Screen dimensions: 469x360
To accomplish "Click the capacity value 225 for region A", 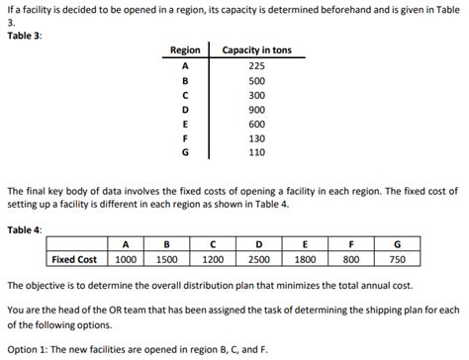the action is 256,66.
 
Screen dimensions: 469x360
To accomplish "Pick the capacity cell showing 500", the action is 256,81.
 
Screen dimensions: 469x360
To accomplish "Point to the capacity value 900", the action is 256,110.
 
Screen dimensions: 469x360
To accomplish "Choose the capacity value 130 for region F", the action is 256,138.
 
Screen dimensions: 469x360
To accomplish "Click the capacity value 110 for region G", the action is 256,153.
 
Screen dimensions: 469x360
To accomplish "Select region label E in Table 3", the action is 185,125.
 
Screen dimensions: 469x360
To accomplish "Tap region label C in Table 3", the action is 185,95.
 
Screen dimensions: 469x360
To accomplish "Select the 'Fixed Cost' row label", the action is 74,259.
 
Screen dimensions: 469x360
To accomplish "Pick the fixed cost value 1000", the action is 125,259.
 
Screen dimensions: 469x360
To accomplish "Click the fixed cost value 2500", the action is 259,259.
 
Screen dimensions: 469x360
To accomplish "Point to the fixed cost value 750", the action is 398,259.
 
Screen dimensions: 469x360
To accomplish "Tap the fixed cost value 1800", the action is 305,259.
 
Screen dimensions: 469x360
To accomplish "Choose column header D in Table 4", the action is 259,244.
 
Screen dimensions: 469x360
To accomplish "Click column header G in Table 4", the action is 398,244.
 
